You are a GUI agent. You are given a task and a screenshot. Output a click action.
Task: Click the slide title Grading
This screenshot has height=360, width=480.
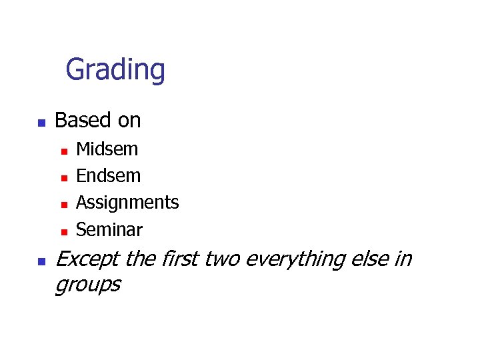115,69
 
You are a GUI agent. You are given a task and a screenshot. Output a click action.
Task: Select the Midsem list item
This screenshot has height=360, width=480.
107,149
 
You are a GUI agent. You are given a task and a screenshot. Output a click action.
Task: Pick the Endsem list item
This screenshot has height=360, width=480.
109,176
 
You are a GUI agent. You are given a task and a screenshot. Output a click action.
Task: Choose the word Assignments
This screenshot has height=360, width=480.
127,203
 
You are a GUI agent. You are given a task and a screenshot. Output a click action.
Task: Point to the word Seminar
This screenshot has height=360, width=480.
109,230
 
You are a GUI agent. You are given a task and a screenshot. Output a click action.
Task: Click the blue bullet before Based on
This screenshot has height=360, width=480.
41,123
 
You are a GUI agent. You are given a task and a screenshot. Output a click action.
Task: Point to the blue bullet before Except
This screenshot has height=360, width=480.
41,261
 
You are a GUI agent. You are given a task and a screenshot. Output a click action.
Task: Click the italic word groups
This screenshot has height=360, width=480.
87,285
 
